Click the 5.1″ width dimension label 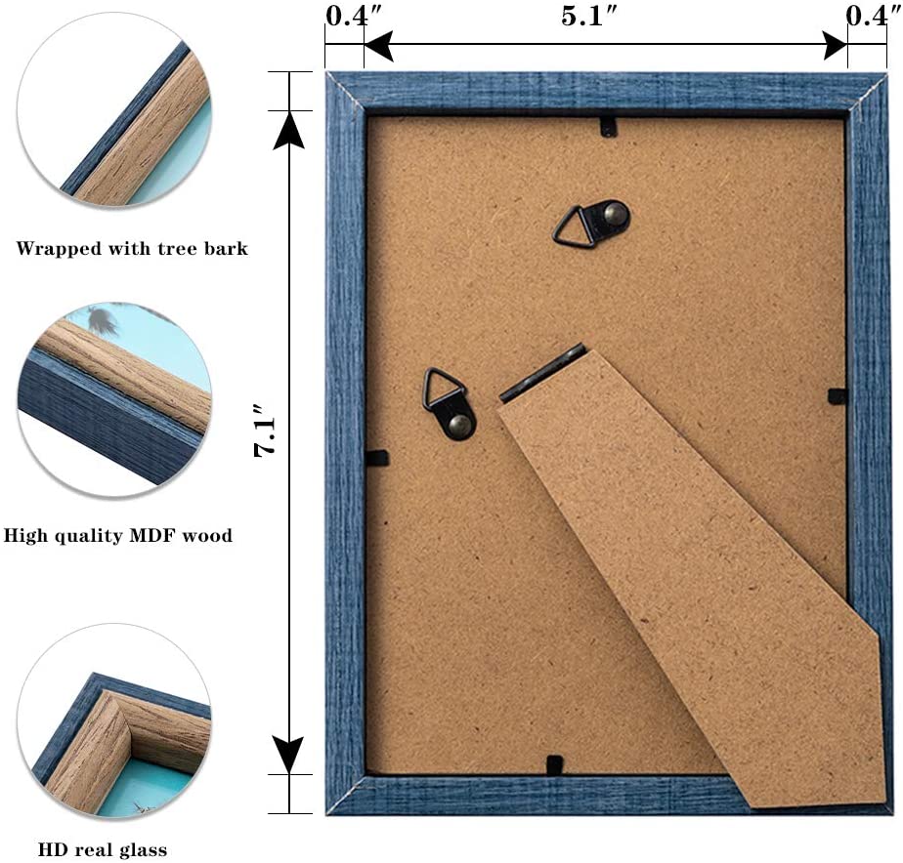coord(593,17)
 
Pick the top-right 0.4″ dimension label coord(867,17)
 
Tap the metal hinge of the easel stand coord(542,372)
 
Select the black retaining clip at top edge coord(608,125)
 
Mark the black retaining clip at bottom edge coord(554,764)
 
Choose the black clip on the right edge coord(838,395)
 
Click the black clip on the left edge coord(377,457)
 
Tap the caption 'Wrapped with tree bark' coord(132,249)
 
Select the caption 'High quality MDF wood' coord(118,535)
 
